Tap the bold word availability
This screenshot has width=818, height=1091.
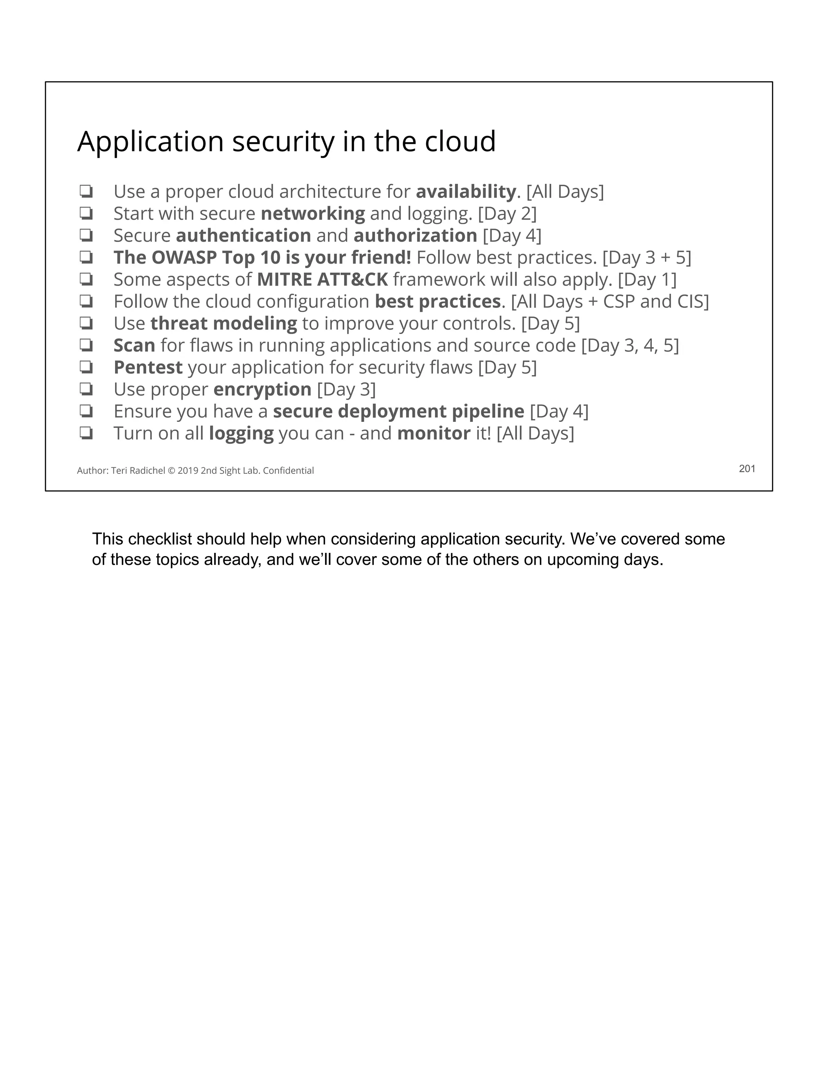pos(465,191)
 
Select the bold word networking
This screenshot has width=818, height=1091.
pos(313,214)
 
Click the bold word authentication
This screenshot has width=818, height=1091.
pos(243,236)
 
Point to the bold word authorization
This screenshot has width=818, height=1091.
pos(415,236)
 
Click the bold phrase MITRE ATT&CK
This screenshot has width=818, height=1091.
pos(322,280)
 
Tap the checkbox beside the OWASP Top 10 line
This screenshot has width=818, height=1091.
pos(86,257)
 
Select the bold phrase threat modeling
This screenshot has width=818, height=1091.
pos(223,324)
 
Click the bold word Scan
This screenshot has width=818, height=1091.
pos(134,345)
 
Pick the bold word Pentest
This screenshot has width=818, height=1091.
pos(148,368)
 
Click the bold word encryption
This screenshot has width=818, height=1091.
pos(262,390)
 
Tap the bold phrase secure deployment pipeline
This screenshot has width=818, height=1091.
pos(398,411)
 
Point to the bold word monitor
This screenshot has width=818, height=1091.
pos(433,433)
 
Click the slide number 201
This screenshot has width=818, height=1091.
pos(747,469)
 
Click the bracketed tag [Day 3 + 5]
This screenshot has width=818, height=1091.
pos(646,257)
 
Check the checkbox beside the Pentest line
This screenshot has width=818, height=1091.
pos(86,368)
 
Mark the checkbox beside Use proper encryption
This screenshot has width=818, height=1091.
pos(86,390)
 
